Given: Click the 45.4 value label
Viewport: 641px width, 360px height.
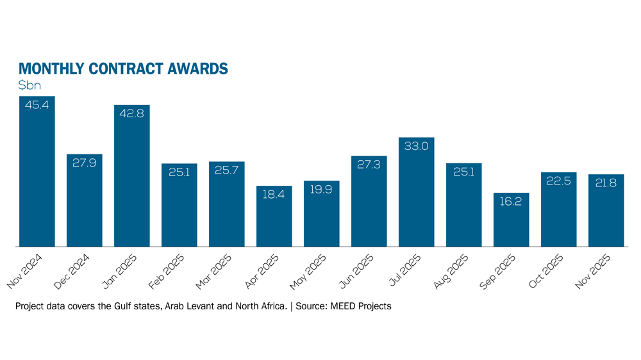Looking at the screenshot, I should click(37, 104).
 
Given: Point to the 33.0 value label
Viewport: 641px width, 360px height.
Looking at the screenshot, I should click(417, 146).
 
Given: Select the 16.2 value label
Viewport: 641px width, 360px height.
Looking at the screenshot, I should click(512, 201).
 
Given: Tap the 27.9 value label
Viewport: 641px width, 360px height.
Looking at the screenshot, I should click(85, 162).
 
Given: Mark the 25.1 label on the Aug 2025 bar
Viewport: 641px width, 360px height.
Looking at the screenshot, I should click(464, 172).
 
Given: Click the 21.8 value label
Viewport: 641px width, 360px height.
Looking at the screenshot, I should click(606, 183).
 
